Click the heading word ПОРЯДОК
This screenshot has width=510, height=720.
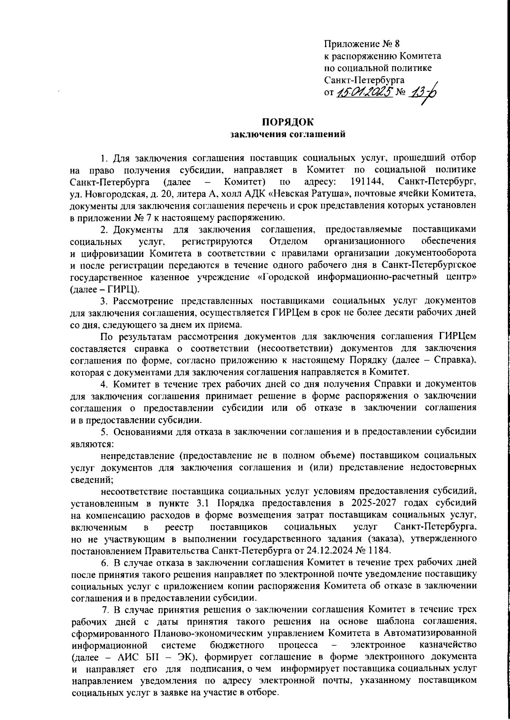[288, 123]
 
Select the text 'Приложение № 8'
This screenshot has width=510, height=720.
[362, 44]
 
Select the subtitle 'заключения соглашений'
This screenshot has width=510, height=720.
[288, 135]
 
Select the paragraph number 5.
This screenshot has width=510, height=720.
[103, 432]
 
